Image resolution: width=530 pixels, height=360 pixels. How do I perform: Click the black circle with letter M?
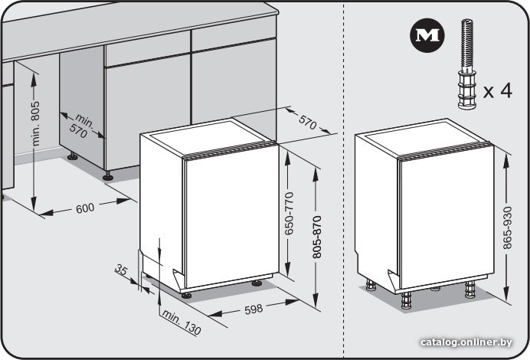pos(427,35)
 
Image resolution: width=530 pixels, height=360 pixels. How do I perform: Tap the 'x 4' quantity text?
pos(498,90)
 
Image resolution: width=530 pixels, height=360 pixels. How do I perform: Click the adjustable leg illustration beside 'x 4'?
pos(467,64)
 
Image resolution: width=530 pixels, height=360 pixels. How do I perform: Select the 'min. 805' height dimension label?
pos(35,123)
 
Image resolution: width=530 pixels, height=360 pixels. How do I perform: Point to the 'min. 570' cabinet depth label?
pos(82,126)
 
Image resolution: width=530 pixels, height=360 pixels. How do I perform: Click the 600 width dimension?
pos(85,208)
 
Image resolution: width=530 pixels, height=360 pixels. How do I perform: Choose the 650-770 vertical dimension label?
pos(289,213)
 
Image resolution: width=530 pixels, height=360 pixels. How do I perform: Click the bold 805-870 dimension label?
pos(317,237)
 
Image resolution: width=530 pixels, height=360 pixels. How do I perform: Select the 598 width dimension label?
pos(254,309)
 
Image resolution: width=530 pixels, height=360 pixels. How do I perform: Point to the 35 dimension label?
pos(121,270)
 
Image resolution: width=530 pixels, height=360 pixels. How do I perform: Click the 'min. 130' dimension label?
pos(182,322)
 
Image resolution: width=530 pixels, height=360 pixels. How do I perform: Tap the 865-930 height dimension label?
pos(507,228)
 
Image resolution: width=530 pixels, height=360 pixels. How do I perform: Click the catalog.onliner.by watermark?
pos(466,342)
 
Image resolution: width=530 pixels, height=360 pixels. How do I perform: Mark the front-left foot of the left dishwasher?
pos(186,295)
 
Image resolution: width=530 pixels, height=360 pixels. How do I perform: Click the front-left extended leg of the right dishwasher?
pos(406,300)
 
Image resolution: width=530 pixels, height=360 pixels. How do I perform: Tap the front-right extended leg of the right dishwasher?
pos(469,290)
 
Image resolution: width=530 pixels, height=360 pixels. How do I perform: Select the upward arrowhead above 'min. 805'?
pos(34,80)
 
